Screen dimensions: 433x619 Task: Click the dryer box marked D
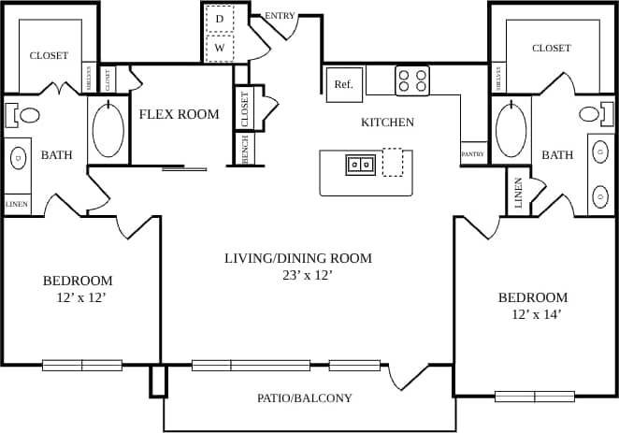tap(220, 18)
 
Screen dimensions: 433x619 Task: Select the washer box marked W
tap(220, 48)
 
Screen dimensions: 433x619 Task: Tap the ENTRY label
tap(281, 16)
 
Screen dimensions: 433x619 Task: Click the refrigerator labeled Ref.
tap(343, 84)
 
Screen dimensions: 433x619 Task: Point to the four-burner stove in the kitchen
tap(411, 80)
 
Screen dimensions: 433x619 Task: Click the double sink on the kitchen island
tap(361, 165)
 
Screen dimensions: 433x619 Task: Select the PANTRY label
tap(472, 154)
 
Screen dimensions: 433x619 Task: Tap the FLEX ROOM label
tap(179, 115)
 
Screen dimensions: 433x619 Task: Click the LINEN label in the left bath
tap(16, 204)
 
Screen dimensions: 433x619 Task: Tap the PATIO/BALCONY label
tap(305, 398)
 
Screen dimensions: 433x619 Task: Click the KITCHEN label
tap(387, 123)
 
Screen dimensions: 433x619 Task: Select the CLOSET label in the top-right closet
tap(551, 49)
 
